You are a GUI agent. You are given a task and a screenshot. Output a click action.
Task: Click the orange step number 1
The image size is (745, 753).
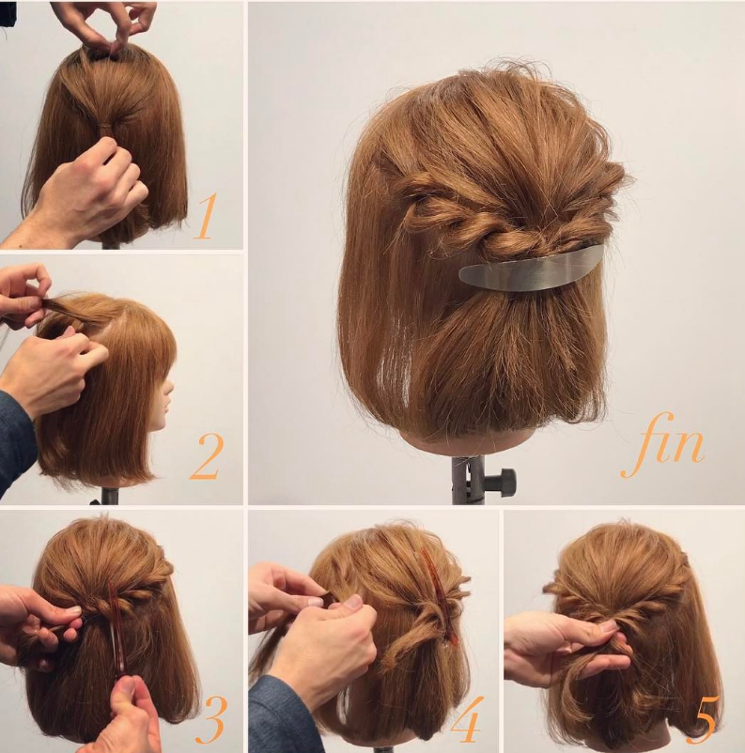(x=205, y=216)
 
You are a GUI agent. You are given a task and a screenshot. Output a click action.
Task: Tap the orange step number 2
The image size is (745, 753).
(x=207, y=456)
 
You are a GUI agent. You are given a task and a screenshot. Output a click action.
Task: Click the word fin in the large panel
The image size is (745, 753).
(x=663, y=444)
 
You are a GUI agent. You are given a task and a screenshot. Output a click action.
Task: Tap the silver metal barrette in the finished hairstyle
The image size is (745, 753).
(x=531, y=269)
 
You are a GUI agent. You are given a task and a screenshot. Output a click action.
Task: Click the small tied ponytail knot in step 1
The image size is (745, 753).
(x=103, y=130)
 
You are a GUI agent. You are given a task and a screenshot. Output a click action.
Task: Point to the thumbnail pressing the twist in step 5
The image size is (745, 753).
(x=610, y=625)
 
